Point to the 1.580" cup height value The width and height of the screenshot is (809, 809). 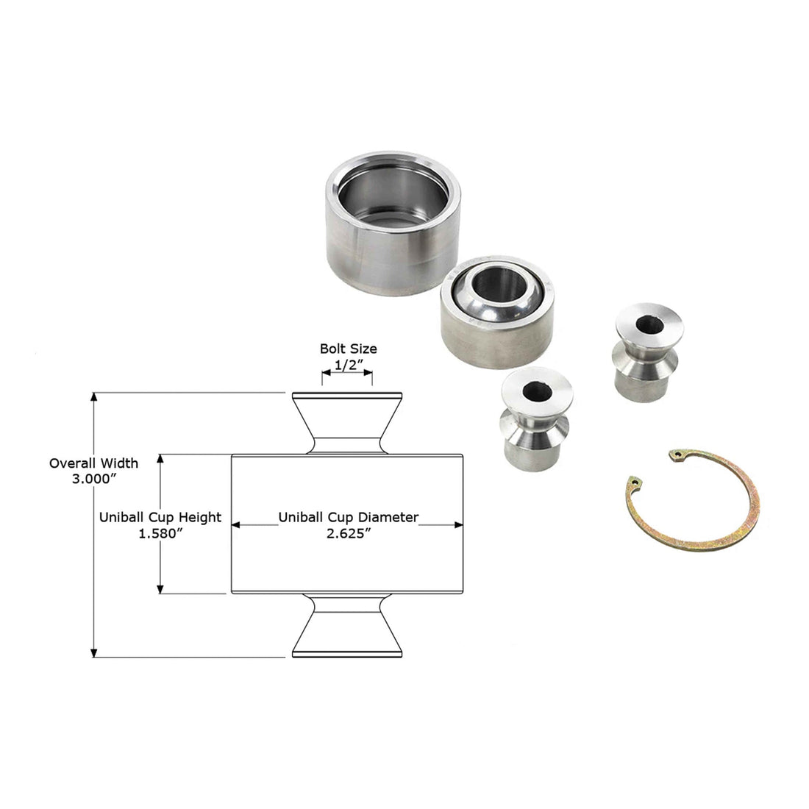[x=160, y=533]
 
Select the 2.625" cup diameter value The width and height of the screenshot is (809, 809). [x=348, y=534]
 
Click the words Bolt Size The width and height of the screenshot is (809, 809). [x=348, y=349]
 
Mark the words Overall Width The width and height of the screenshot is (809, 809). [x=93, y=463]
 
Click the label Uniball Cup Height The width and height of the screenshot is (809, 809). [x=160, y=517]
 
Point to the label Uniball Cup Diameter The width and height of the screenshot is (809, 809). [x=348, y=517]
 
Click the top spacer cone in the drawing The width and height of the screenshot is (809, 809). [x=347, y=422]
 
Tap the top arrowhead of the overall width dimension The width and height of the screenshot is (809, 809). [x=94, y=398]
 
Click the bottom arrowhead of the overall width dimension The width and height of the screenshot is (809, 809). [x=94, y=652]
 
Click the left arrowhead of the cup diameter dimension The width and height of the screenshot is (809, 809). [x=237, y=525]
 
